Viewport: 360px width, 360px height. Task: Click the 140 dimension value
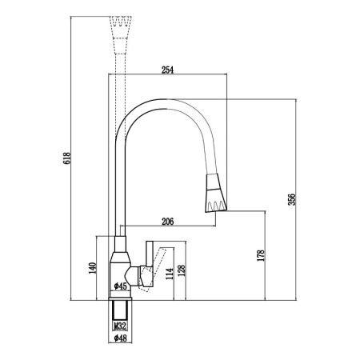tap(92, 268)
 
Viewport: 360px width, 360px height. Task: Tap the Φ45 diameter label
tap(120, 286)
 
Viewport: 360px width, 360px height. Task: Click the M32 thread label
tap(120, 326)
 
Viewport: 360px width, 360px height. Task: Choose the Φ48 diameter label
tap(120, 338)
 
